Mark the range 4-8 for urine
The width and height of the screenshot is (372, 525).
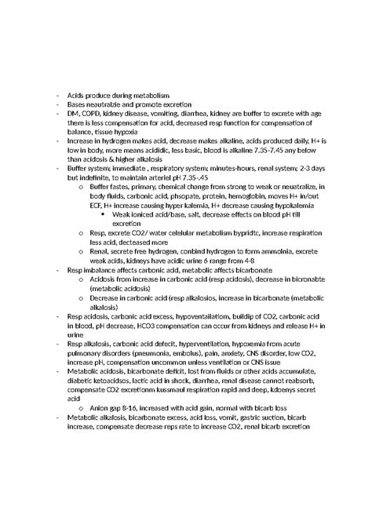245,261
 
